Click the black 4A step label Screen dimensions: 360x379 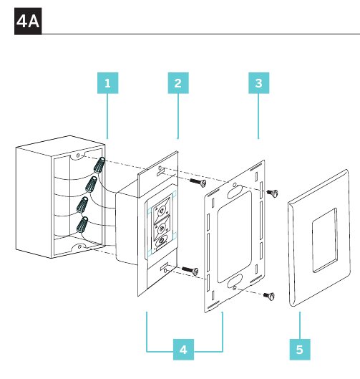[x=28, y=21]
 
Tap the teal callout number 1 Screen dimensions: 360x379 [x=107, y=83]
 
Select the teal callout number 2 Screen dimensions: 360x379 [x=178, y=83]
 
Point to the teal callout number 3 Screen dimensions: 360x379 [x=259, y=83]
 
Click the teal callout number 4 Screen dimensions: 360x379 [x=183, y=350]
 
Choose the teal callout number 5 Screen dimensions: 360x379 [x=300, y=350]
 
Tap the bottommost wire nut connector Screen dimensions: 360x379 [x=82, y=225]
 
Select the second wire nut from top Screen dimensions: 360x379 [x=91, y=184]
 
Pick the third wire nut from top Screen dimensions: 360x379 [x=82, y=205]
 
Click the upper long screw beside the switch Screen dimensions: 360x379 [x=198, y=182]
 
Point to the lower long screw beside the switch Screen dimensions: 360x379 [x=190, y=271]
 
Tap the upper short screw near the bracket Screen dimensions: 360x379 [x=272, y=193]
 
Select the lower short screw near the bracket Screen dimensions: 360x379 [x=268, y=296]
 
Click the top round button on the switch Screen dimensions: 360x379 [x=162, y=211]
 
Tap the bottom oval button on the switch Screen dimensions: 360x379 [x=161, y=241]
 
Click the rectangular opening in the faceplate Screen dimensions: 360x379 [x=325, y=240]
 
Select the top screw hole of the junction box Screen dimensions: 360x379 [x=78, y=155]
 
